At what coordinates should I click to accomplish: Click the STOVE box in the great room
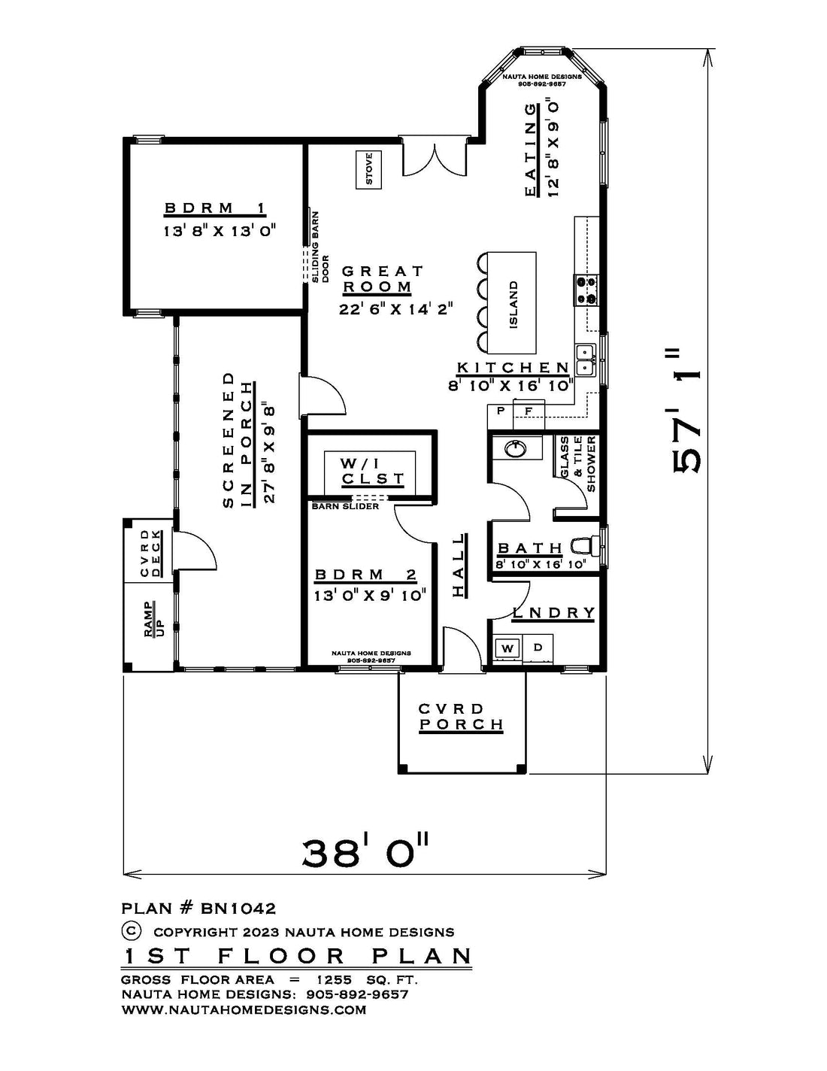[369, 170]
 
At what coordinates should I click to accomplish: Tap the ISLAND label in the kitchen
[513, 305]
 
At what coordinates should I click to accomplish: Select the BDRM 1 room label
[215, 208]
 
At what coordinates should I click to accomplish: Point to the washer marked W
[507, 648]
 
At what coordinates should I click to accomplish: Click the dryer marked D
[538, 647]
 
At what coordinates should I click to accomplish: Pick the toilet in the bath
[586, 545]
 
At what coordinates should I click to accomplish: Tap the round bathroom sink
[516, 448]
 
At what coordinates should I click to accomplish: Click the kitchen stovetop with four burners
[586, 290]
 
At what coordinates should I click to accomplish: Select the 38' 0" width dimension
[365, 855]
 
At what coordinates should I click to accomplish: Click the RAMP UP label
[153, 618]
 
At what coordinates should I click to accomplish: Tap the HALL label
[459, 566]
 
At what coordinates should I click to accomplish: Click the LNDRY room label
[553, 613]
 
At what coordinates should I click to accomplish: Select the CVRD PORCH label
[461, 717]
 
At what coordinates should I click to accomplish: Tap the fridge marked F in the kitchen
[529, 410]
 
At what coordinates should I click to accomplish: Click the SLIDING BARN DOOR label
[320, 247]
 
